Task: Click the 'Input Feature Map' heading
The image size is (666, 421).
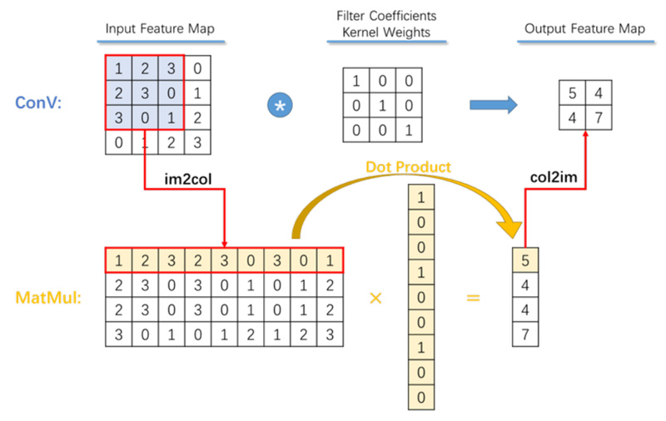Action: (160, 29)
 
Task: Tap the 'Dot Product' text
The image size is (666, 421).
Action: (408, 167)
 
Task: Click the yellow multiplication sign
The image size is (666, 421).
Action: (375, 296)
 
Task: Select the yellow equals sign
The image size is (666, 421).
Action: (473, 296)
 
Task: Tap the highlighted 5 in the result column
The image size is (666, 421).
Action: (524, 260)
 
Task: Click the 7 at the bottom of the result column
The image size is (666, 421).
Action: (524, 334)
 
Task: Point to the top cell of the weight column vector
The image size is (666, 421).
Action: (423, 197)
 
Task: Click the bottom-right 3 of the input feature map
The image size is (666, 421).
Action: (196, 143)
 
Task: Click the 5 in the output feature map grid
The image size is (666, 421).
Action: (573, 91)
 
